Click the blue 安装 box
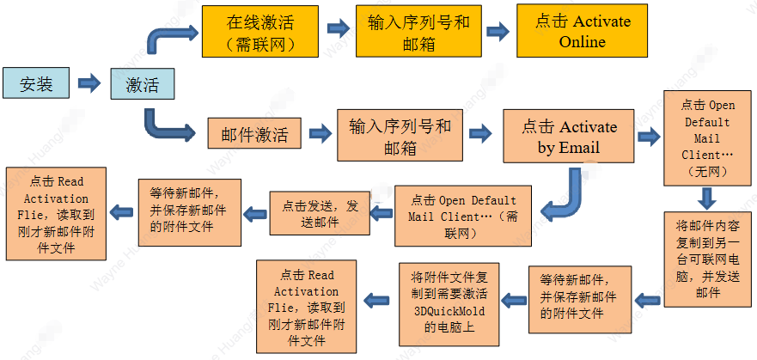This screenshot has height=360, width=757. (36, 83)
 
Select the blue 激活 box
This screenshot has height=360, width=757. (142, 84)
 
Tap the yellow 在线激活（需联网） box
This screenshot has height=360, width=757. (259, 32)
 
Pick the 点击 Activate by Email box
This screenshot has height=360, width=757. (568, 136)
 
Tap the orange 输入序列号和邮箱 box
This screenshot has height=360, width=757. (400, 135)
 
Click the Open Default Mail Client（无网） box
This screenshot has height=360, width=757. (708, 138)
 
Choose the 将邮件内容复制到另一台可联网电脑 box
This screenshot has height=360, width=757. (708, 259)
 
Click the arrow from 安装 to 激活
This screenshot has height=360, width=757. (89, 84)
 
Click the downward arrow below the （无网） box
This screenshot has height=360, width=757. (707, 198)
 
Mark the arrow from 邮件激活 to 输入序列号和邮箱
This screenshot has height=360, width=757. (320, 134)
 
